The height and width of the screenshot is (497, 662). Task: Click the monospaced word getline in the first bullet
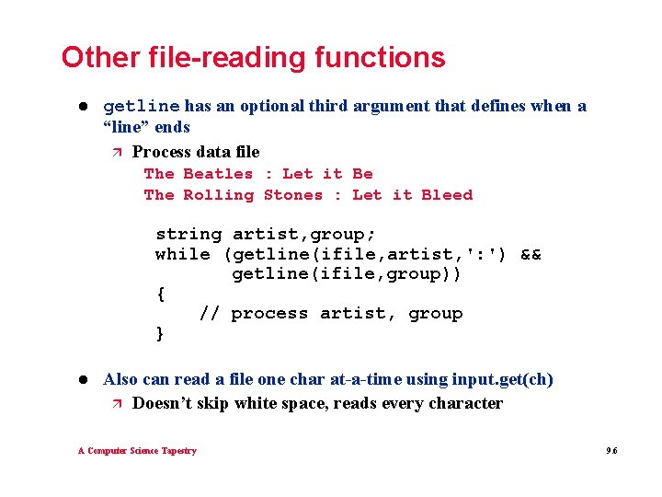(x=142, y=106)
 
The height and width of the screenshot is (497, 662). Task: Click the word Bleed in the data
(x=447, y=195)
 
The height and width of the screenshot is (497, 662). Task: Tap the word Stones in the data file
(x=293, y=195)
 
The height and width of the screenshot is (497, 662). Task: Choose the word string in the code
(x=188, y=235)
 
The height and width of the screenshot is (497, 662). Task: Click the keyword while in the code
(x=183, y=255)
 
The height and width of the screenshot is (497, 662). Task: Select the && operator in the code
(x=531, y=255)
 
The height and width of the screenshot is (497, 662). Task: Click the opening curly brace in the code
(x=161, y=295)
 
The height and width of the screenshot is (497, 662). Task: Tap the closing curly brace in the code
(x=161, y=333)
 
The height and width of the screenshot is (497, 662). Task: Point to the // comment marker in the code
(x=210, y=314)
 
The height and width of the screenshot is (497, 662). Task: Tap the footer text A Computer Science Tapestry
(x=137, y=451)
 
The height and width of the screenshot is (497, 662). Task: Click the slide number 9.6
(x=611, y=451)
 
